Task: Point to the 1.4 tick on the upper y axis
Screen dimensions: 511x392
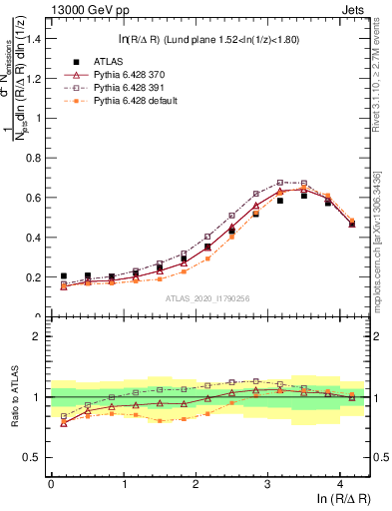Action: pyautogui.click(x=34, y=39)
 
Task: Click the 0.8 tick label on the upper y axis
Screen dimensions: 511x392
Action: pyautogui.click(x=34, y=158)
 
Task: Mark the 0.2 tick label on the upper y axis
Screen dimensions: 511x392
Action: pyautogui.click(x=34, y=277)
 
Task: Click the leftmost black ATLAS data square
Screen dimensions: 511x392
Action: pyautogui.click(x=64, y=276)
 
